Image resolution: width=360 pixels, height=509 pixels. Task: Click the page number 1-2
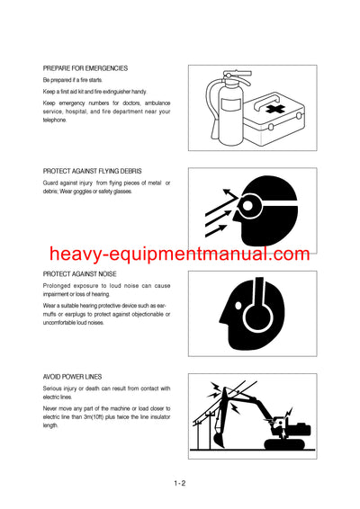point(180,483)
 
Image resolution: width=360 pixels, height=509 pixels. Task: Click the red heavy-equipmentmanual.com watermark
point(179,254)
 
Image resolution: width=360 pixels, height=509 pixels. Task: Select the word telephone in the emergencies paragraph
point(58,120)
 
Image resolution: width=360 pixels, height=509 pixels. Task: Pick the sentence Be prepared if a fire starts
point(80,80)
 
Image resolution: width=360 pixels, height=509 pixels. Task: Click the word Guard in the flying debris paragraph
point(52,183)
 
